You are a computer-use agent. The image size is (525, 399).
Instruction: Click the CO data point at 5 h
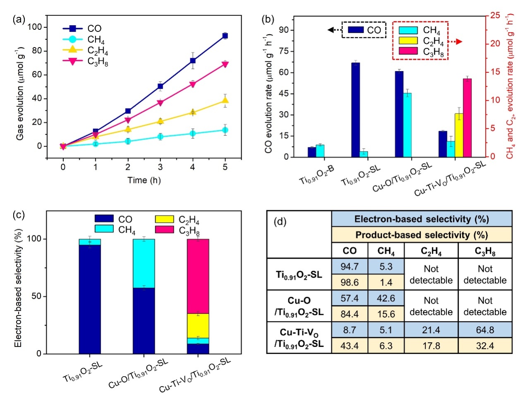tap(225, 36)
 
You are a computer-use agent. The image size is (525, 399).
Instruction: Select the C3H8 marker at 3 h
tap(161, 103)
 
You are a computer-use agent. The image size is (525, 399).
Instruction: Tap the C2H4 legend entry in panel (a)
tap(98, 50)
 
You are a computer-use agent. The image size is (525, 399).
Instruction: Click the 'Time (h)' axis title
tap(144, 180)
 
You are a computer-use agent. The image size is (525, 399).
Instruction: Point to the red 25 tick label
tap(495, 15)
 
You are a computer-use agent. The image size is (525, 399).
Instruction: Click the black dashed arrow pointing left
tap(334, 30)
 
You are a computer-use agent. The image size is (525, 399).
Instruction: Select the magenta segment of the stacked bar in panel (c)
tap(198, 276)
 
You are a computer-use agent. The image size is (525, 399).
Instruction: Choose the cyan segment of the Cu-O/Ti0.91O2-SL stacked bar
tap(144, 263)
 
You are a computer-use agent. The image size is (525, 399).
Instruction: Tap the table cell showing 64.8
tap(485, 330)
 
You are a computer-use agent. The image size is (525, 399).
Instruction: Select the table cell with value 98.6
tap(350, 282)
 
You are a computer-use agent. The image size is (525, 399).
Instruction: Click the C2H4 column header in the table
tap(431, 251)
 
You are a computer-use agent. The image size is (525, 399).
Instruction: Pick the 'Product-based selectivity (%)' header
tap(422, 235)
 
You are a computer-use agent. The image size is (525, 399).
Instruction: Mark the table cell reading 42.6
tap(386, 298)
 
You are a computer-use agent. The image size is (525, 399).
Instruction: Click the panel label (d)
tap(280, 222)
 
